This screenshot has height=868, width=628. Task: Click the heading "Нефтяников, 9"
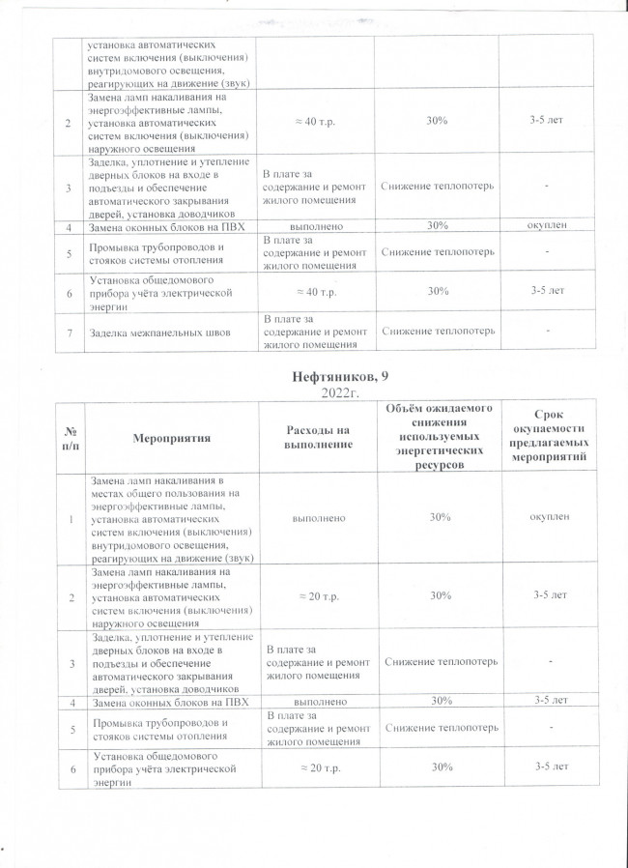332,377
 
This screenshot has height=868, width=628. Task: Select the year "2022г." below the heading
332,392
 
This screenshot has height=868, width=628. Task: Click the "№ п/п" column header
70,437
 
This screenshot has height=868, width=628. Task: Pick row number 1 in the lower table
70,519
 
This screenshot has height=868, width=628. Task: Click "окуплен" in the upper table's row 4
546,225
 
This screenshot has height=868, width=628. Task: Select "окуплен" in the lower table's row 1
548,517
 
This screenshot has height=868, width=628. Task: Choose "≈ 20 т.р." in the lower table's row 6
314,767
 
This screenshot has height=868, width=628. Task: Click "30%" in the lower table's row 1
441,517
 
